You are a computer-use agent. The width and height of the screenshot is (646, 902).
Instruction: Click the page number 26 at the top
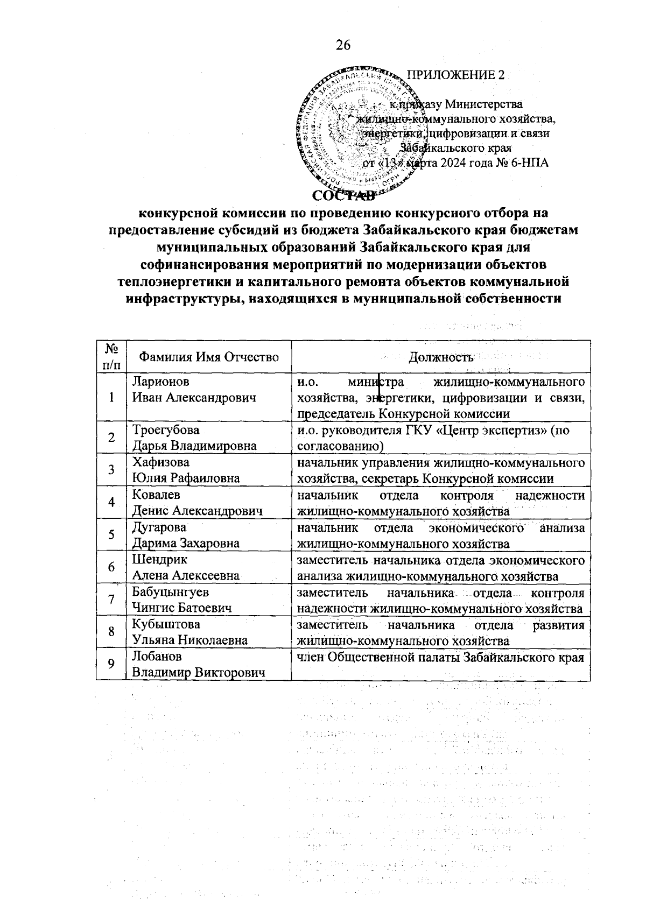tap(343, 45)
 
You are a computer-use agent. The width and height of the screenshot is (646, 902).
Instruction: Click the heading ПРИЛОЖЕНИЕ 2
tap(455, 75)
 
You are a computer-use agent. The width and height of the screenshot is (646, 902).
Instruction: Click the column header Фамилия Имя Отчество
tap(209, 356)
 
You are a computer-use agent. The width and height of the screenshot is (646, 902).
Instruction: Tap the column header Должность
tap(440, 356)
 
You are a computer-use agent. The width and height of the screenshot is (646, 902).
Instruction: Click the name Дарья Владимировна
tap(194, 446)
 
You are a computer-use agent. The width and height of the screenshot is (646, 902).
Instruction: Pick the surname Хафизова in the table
tap(161, 462)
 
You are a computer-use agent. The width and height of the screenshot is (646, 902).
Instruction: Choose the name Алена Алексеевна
tap(186, 575)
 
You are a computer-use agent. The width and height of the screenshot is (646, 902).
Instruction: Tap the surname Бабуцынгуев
tap(171, 592)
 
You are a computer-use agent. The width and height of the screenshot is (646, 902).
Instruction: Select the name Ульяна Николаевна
tap(190, 640)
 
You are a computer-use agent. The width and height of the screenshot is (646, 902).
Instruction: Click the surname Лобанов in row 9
tap(157, 657)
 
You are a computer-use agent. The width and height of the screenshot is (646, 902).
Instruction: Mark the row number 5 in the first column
tap(111, 535)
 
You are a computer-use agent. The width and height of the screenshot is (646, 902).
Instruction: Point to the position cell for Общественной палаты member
tap(440, 657)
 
